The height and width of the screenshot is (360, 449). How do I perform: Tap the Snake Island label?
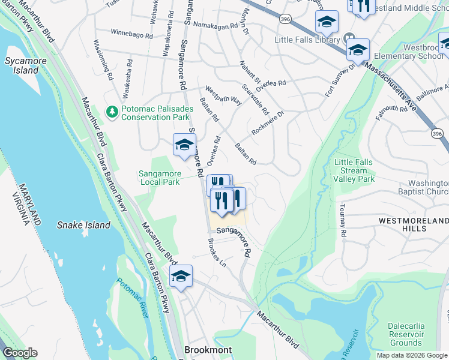click(84, 225)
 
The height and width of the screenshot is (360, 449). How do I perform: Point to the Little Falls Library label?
click(307, 40)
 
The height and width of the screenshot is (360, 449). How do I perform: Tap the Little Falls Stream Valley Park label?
click(354, 170)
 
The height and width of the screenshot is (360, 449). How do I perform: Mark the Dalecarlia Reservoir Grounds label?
click(406, 334)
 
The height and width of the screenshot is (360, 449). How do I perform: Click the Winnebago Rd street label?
click(133, 35)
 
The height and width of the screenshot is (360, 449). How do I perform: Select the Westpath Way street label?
click(223, 95)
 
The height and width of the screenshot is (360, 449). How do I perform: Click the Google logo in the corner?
click(20, 353)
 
